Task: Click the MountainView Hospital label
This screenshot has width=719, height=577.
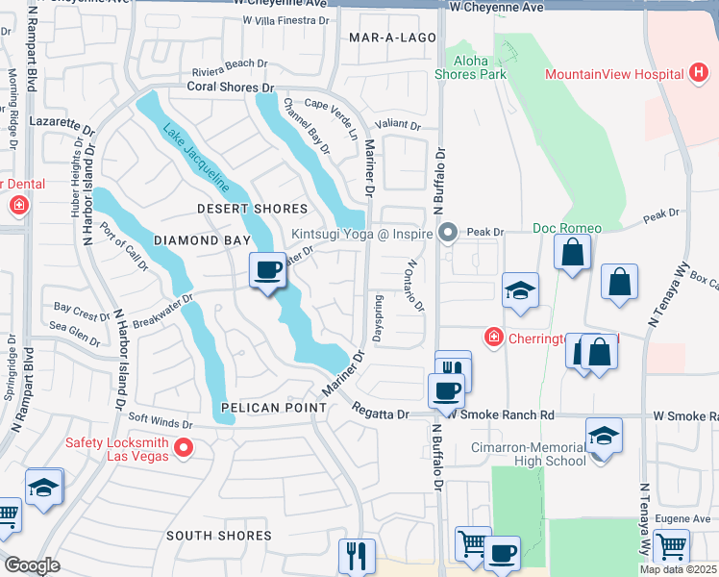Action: pos(613,74)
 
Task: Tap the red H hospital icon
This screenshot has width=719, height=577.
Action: pos(699,73)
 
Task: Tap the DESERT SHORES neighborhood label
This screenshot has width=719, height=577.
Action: pos(252,209)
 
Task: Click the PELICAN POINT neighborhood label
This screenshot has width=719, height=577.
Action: pos(273,408)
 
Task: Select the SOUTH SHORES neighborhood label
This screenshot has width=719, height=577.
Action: pos(219,535)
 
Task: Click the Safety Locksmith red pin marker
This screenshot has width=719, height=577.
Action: pos(184,448)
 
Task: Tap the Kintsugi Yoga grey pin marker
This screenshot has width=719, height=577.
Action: pos(448,233)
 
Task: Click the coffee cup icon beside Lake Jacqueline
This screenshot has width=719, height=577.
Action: pos(267,269)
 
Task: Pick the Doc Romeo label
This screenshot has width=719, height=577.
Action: pos(567,228)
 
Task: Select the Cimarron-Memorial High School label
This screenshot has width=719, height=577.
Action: pos(528,454)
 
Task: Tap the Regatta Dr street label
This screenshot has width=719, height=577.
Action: pos(381,414)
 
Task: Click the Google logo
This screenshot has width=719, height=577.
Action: pos(32,565)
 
